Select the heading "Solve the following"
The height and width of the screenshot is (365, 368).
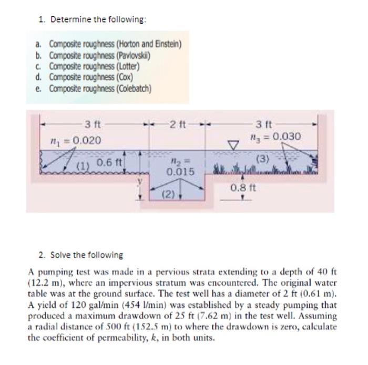tap(84, 255)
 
